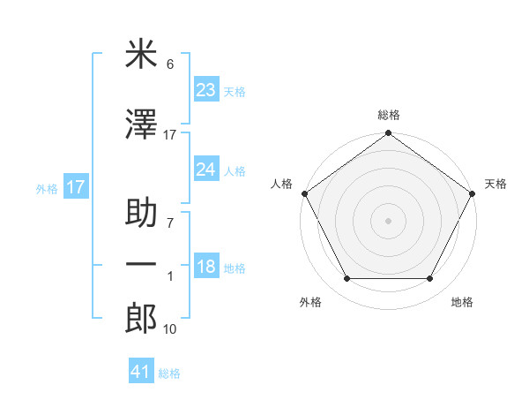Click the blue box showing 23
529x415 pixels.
tap(206, 89)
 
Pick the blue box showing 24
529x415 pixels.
tap(206, 170)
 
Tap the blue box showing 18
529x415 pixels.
tap(206, 268)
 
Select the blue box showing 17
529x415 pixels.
tap(76, 187)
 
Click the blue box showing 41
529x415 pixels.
tap(141, 373)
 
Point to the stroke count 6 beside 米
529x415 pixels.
tap(170, 64)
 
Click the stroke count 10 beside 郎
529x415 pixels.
tap(169, 329)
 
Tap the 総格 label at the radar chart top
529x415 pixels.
tap(389, 115)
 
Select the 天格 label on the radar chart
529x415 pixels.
tap(496, 184)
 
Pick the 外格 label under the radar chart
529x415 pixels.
tap(310, 302)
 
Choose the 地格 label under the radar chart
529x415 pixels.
tap(462, 302)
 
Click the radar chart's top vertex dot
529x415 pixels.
tap(389, 134)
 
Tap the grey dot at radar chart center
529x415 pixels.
tap(389, 221)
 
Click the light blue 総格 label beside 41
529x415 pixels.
tap(169, 373)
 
